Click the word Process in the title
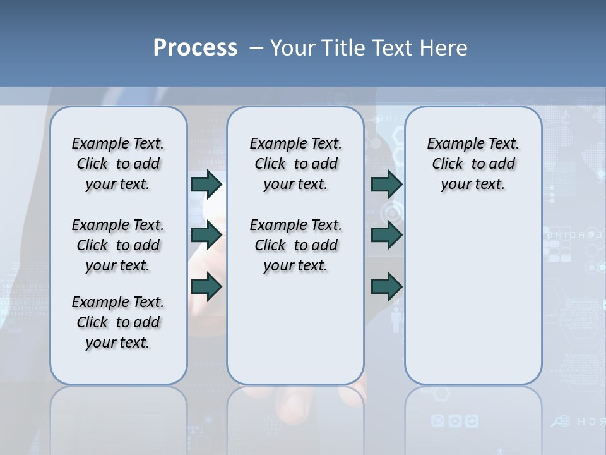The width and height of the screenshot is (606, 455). pos(195,47)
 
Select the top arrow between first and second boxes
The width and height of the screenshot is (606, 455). pos(206,184)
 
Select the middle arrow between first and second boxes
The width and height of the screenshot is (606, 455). pos(206,235)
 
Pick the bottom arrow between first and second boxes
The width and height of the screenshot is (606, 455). pos(206,287)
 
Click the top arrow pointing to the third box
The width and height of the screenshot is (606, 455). pos(386,184)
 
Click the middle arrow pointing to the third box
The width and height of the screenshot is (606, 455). pos(386,235)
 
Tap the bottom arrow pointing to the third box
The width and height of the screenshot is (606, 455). pos(386,287)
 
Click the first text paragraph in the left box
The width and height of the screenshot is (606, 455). pos(118,164)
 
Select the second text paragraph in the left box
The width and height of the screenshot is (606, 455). pos(118,245)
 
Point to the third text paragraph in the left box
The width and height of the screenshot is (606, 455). pos(118,322)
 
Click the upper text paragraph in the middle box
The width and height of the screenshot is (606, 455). pos(295,164)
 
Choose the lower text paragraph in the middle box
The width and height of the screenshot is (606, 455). pos(295,245)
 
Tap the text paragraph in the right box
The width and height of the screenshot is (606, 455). pos(473,164)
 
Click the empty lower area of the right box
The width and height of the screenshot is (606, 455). pos(473,303)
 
